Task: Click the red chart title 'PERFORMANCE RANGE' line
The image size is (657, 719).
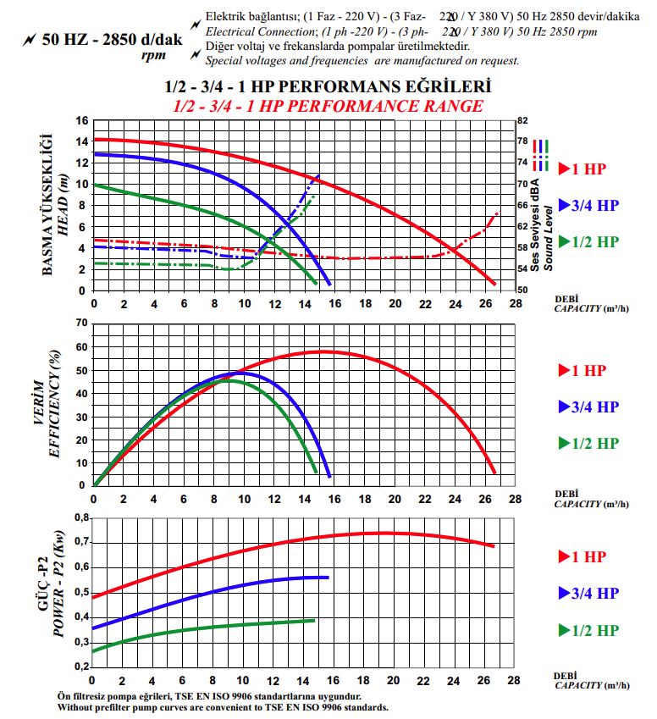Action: tap(328, 106)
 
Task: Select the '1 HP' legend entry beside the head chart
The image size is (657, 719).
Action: tap(588, 168)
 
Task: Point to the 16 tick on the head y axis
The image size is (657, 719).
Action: tap(81, 120)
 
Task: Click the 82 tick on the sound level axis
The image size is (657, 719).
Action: tap(523, 120)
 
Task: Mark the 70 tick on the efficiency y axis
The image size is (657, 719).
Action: tap(81, 323)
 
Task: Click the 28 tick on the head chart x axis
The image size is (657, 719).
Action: tap(516, 304)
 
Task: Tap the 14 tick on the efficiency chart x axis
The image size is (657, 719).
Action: tap(304, 499)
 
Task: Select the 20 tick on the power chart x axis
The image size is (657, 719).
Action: tap(394, 680)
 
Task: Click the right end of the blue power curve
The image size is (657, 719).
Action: tap(327, 578)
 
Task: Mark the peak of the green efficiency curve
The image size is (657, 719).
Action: tap(229, 380)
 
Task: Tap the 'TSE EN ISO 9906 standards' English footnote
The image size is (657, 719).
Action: tap(223, 706)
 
